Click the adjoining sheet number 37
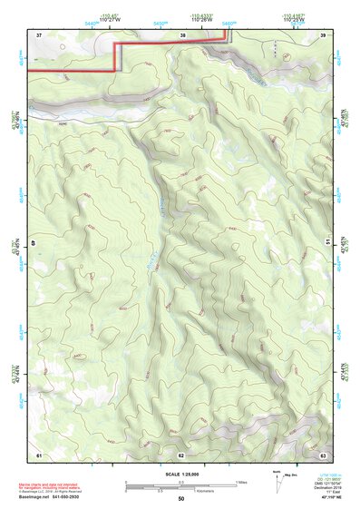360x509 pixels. coord(39,34)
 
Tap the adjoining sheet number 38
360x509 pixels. coord(182,34)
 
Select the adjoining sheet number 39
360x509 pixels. coord(323,34)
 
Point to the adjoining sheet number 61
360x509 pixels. coord(39,454)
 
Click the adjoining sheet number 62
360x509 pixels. coord(181,454)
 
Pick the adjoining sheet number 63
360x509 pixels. coord(323,454)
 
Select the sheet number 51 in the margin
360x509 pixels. coord(327,242)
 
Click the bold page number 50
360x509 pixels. coord(181,499)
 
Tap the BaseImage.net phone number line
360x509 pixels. coord(50,498)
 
